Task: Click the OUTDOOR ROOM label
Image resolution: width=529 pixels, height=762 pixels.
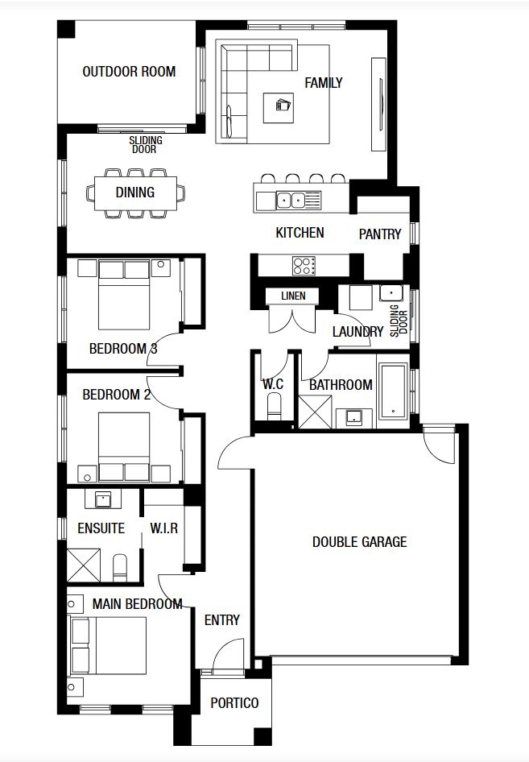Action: (x=129, y=72)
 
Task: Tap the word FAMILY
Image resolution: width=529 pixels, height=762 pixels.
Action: (x=324, y=83)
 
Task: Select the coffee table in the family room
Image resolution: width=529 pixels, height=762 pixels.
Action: (x=279, y=107)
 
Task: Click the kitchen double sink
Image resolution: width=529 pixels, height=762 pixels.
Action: (x=291, y=200)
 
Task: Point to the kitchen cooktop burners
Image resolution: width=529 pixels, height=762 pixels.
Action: (x=304, y=266)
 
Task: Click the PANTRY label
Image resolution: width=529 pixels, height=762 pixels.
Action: (x=380, y=234)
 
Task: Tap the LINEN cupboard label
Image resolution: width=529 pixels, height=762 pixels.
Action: (x=293, y=296)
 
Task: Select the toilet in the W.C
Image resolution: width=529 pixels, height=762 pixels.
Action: (x=275, y=406)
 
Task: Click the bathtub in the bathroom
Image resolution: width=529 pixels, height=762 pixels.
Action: (x=393, y=391)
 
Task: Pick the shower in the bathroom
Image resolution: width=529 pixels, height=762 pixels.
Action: (x=316, y=412)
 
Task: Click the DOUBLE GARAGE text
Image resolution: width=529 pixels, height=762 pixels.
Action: (x=359, y=542)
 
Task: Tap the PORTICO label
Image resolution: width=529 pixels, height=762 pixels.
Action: (x=234, y=702)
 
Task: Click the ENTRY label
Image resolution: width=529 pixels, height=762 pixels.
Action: (x=222, y=620)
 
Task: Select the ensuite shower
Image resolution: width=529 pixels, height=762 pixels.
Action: (x=84, y=565)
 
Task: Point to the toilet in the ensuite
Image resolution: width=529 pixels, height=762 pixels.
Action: (x=119, y=568)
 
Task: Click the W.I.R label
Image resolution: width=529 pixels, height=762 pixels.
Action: (x=163, y=528)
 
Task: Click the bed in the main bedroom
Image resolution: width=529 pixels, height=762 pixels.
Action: (x=109, y=645)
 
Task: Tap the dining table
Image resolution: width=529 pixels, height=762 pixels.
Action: (x=135, y=193)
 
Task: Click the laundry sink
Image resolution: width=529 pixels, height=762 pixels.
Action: (x=391, y=293)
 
